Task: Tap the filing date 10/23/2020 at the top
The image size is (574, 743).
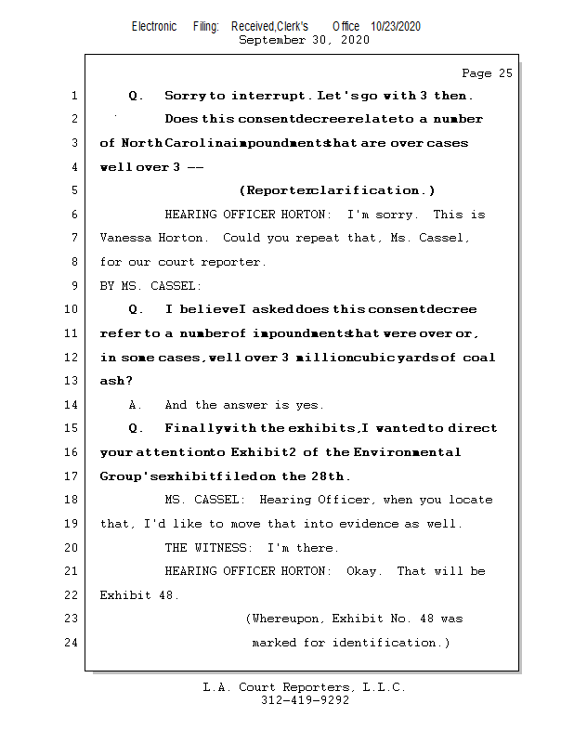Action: click(396, 27)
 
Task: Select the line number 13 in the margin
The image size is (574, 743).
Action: click(72, 381)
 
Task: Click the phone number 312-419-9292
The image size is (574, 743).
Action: click(305, 700)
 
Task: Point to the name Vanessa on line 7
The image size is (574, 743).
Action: click(126, 238)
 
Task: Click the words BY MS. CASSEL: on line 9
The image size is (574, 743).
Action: click(150, 286)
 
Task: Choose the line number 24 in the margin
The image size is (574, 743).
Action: click(72, 643)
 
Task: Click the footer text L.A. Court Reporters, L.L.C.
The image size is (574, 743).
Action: click(305, 687)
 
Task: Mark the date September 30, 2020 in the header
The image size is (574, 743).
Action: click(305, 41)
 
